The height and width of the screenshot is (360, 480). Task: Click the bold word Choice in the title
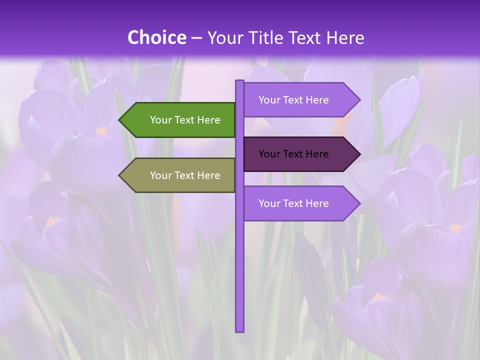pyautogui.click(x=156, y=37)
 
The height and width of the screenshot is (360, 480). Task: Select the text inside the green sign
pyautogui.click(x=185, y=120)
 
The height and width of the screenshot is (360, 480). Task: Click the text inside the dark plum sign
pyautogui.click(x=293, y=154)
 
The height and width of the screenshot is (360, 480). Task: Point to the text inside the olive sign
pyautogui.click(x=185, y=175)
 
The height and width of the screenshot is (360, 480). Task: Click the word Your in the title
pyautogui.click(x=224, y=37)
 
